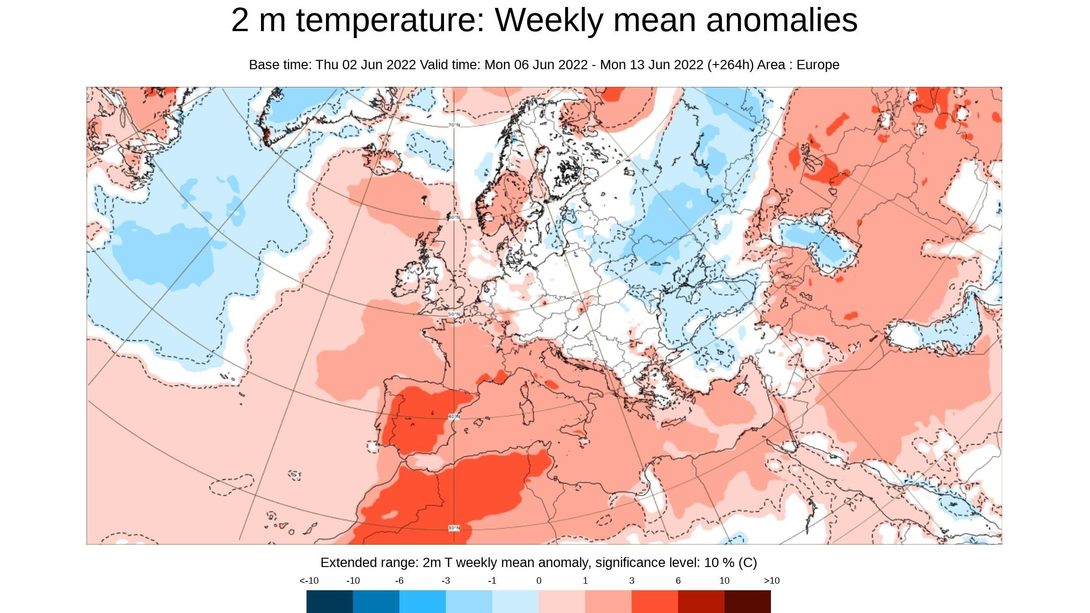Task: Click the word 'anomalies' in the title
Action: tap(781, 20)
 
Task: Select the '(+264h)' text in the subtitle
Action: tap(730, 65)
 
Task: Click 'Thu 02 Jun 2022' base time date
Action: tap(366, 65)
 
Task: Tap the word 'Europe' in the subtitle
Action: tap(818, 65)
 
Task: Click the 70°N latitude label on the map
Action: tap(454, 125)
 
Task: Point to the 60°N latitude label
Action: tap(454, 217)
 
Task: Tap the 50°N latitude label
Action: tap(454, 314)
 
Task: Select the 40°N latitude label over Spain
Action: tap(454, 417)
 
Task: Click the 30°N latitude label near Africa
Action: tap(454, 528)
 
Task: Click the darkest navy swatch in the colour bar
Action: tap(329, 601)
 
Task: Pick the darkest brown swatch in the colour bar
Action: tap(747, 601)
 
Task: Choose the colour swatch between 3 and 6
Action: tap(654, 601)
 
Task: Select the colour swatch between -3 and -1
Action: tap(469, 601)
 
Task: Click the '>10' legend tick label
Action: tap(771, 581)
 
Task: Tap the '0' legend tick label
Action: tap(539, 581)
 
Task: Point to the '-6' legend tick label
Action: tap(399, 581)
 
